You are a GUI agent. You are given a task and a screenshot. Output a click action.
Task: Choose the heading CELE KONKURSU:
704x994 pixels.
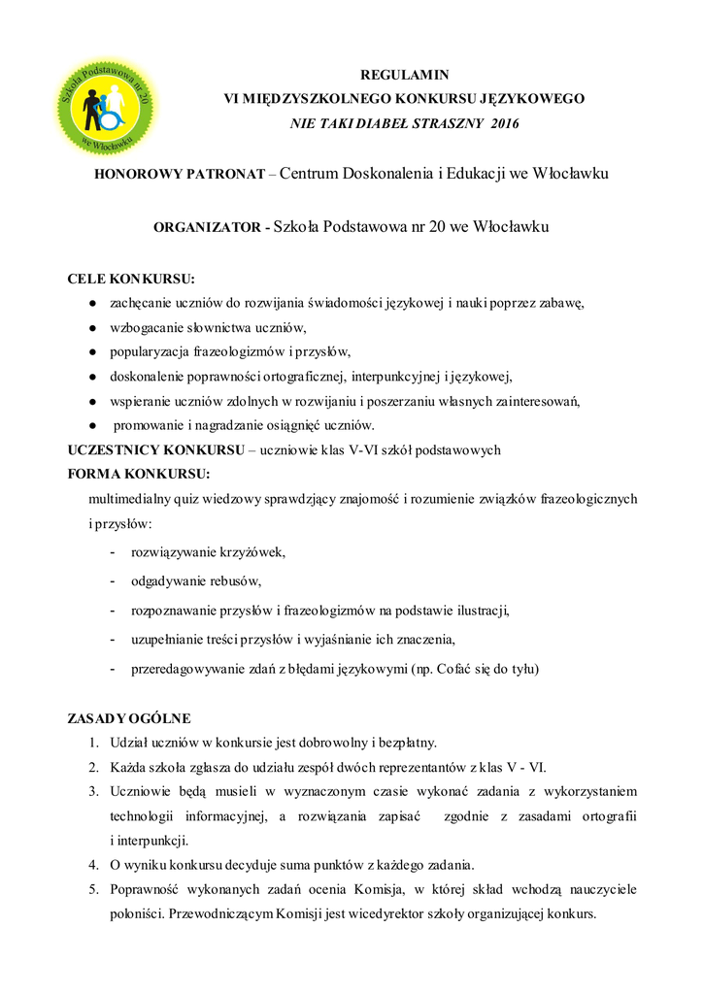point(131,280)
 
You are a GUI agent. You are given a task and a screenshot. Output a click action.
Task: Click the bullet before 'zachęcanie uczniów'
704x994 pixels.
point(91,303)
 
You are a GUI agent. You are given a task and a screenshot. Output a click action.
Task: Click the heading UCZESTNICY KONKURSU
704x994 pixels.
point(154,449)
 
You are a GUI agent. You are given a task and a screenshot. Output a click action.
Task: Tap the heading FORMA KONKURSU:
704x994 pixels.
point(138,474)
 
